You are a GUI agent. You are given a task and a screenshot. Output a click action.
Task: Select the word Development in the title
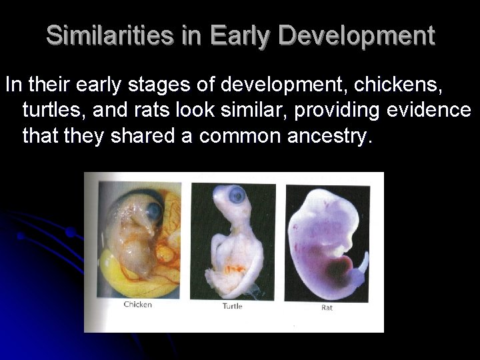[357, 35]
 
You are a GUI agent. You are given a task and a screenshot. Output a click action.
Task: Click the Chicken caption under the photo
[138, 305]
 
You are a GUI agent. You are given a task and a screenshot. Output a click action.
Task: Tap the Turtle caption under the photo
[232, 306]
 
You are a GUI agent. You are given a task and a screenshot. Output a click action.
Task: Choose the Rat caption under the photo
[327, 307]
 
